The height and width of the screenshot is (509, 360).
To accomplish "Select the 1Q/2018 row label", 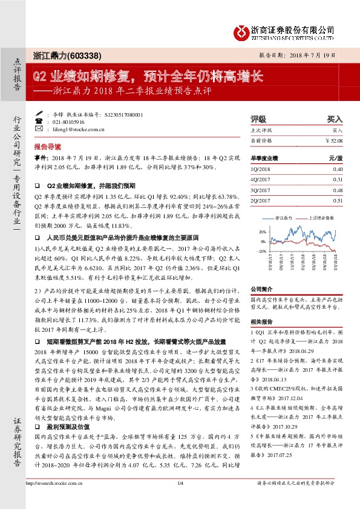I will pyautogui.click(x=261, y=170).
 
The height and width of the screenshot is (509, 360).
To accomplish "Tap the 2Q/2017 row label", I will pyautogui.click(x=261, y=200).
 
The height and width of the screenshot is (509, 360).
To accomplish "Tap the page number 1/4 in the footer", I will pyautogui.click(x=180, y=499).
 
